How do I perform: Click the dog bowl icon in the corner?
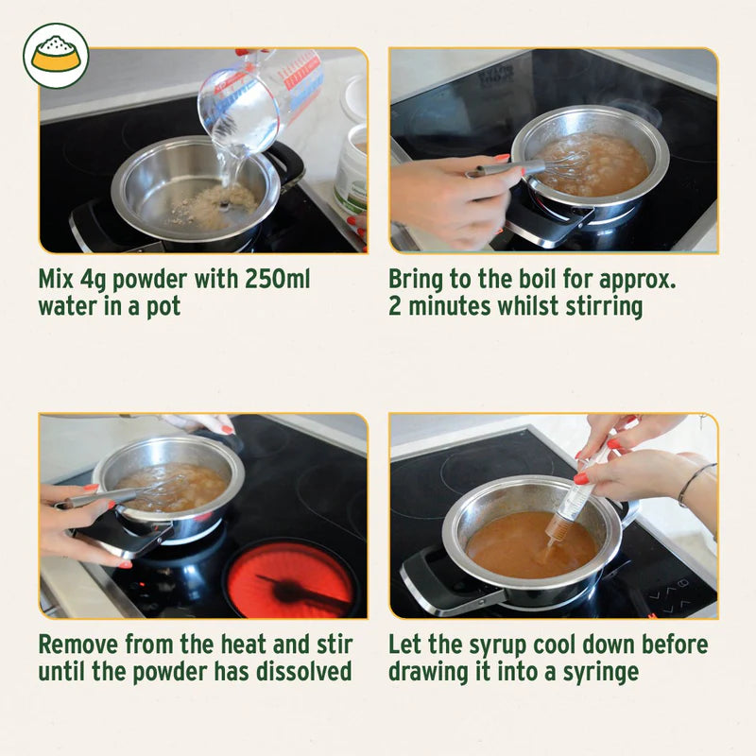(56, 56)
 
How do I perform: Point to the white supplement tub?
(352, 165)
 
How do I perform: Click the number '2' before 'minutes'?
(395, 306)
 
